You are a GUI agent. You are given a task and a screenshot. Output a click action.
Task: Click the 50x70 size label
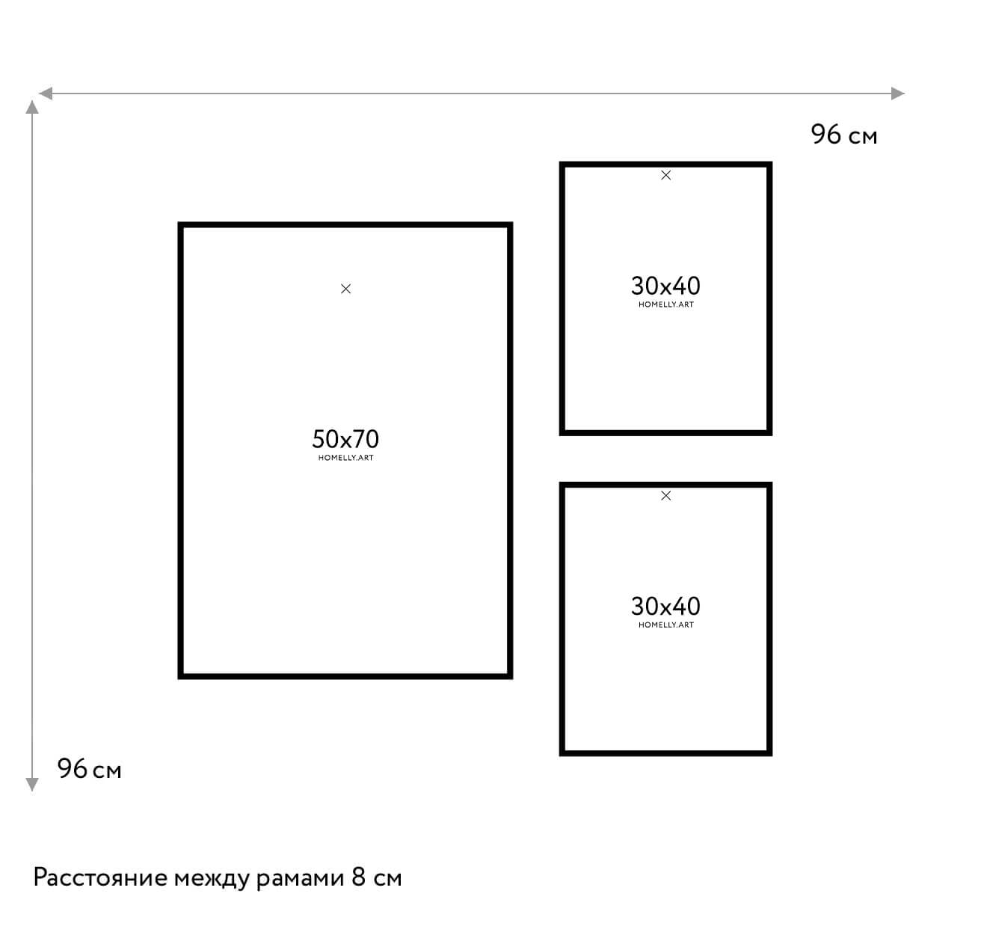pos(345,439)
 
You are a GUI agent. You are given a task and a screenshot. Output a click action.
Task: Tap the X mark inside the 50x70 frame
pos(346,289)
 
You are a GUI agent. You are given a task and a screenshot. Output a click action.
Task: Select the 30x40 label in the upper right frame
pos(665,286)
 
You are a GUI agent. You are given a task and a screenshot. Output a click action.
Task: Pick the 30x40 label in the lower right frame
pos(665,606)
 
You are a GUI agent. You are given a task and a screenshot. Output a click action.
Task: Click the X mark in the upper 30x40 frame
pos(666,175)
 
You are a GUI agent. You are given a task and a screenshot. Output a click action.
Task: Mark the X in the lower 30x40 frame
pos(666,496)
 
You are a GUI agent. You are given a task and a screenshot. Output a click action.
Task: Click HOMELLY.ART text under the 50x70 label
pos(346,458)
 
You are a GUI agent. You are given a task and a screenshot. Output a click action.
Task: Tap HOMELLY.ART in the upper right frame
pos(666,304)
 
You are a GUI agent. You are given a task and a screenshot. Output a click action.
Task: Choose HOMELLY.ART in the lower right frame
pos(666,625)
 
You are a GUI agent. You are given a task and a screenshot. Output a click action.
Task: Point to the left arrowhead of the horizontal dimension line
pos(46,94)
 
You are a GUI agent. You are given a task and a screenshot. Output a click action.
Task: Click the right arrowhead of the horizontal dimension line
pos(898,94)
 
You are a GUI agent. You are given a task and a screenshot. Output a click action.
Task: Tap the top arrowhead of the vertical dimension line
pos(32,107)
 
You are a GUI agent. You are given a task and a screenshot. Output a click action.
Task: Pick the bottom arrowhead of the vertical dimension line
pos(32,785)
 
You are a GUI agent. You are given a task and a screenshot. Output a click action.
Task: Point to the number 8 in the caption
pos(358,877)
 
